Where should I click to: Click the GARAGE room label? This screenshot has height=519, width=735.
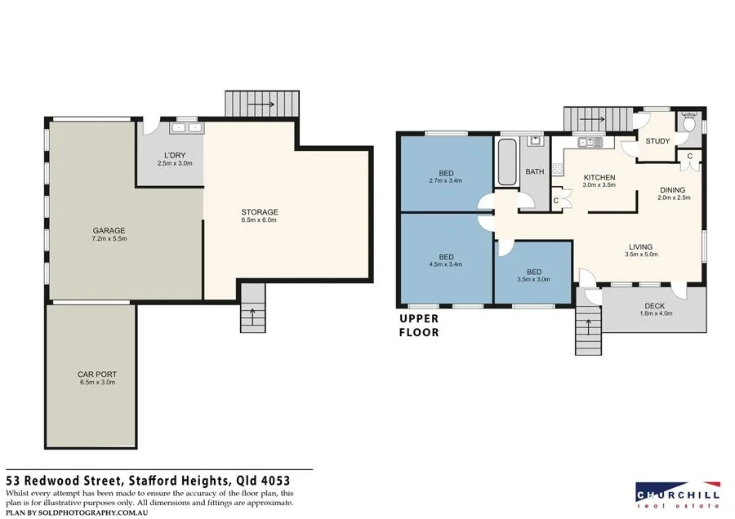click(109, 230)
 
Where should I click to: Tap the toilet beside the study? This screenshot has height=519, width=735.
click(688, 125)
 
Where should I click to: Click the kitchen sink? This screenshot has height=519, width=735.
click(589, 142)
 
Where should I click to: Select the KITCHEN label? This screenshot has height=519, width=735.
click(599, 177)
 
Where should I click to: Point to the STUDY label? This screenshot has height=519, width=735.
click(657, 141)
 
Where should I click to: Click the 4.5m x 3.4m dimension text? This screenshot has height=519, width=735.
click(446, 264)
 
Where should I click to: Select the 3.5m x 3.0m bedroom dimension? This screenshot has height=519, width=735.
click(533, 279)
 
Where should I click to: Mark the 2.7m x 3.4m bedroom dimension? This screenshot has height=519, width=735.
click(446, 180)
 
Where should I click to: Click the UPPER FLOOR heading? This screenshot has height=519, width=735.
click(419, 326)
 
